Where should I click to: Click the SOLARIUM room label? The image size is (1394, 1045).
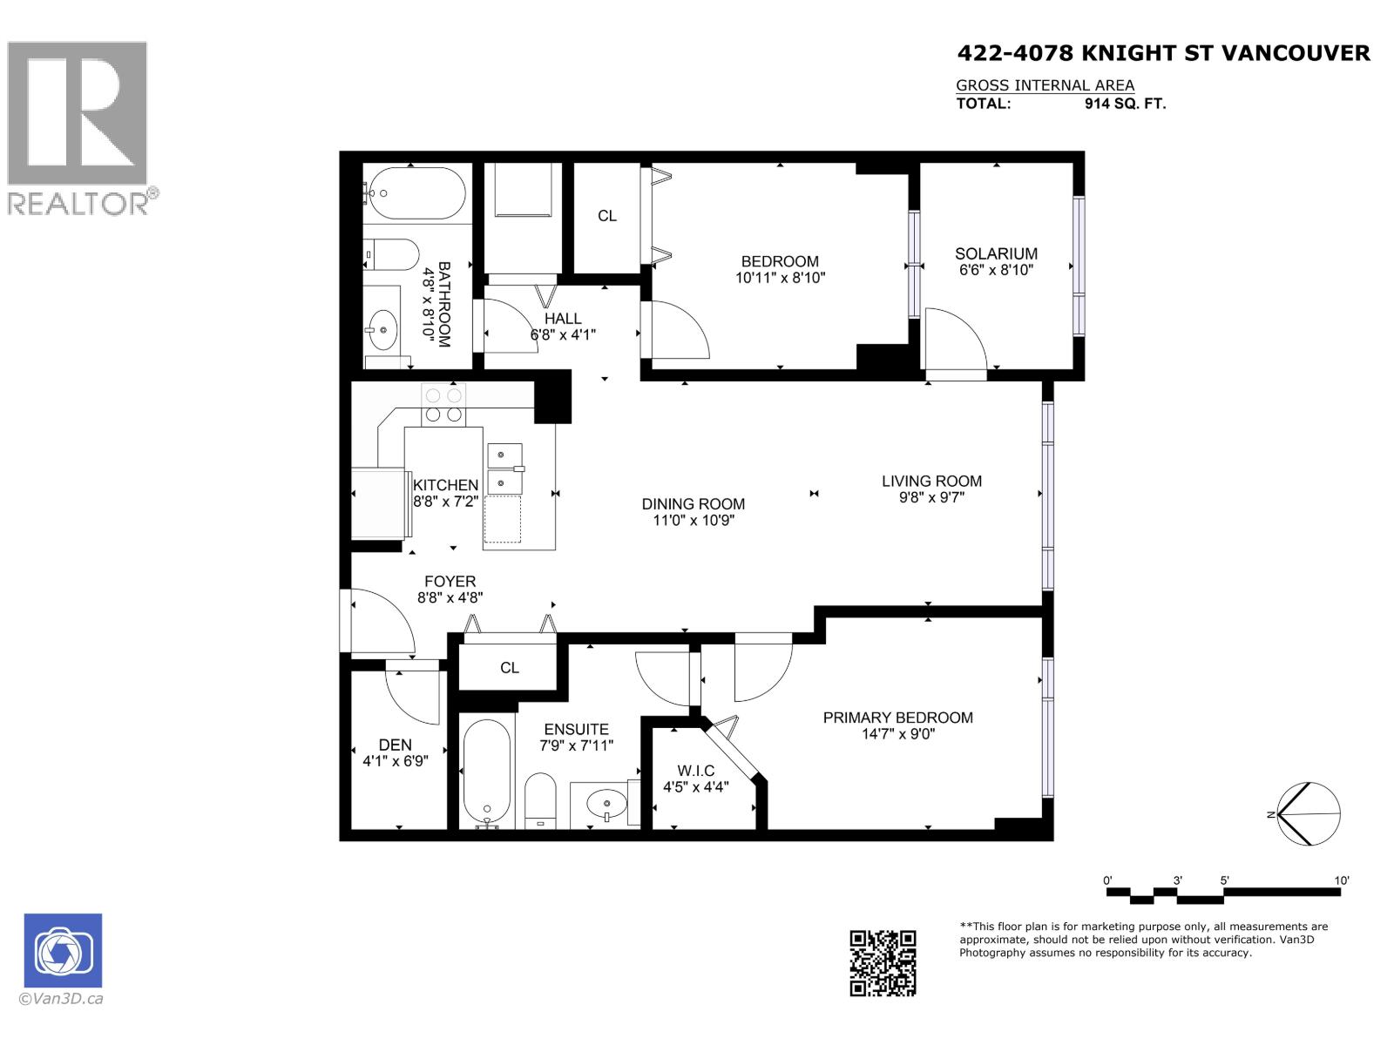pyautogui.click(x=996, y=253)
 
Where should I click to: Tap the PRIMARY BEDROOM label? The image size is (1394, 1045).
pyautogui.click(x=897, y=718)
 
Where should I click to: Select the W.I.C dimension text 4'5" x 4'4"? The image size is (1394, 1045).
pyautogui.click(x=695, y=787)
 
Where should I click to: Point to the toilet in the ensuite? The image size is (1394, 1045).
pyautogui.click(x=540, y=799)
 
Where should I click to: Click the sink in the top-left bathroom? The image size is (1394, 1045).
pyautogui.click(x=381, y=330)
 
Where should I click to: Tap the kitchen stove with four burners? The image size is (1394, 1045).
pyautogui.click(x=443, y=405)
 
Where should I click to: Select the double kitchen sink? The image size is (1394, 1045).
pyautogui.click(x=504, y=468)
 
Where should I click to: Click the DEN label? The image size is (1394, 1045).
pyautogui.click(x=395, y=745)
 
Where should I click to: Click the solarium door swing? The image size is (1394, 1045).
pyautogui.click(x=954, y=340)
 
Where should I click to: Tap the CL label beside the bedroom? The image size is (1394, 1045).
pyautogui.click(x=607, y=216)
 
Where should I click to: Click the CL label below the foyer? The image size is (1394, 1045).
pyautogui.click(x=510, y=668)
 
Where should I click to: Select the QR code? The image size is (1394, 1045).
pyautogui.click(x=883, y=962)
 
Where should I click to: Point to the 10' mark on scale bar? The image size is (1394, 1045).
pyautogui.click(x=1341, y=880)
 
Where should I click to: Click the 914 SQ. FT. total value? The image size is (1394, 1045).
pyautogui.click(x=1125, y=104)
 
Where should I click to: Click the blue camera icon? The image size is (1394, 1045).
pyautogui.click(x=63, y=950)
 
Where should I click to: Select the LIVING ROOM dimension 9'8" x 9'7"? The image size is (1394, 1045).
pyautogui.click(x=930, y=497)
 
